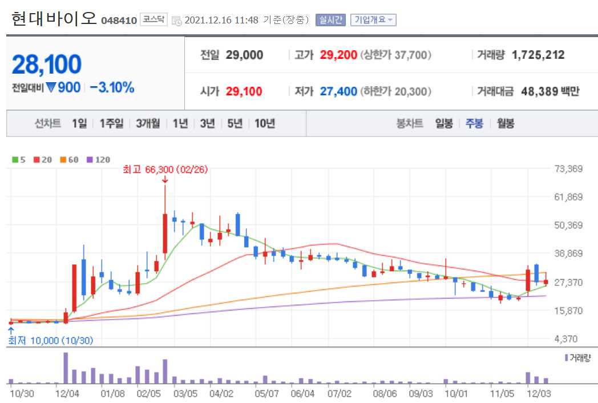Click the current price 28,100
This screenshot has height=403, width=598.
point(47,65)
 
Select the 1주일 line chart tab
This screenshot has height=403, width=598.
point(111,123)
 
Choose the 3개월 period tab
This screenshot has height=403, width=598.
point(148,123)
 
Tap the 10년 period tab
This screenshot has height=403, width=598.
point(265,123)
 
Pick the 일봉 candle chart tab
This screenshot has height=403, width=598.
point(443,123)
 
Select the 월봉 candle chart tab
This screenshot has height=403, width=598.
point(506,123)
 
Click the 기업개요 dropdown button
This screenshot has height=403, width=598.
point(373,20)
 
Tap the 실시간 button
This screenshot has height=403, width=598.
point(330,20)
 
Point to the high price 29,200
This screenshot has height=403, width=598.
point(338,55)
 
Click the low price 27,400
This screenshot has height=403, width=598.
point(338,91)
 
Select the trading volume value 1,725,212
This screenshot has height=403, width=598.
point(538,55)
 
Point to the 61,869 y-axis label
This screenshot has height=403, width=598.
point(568,197)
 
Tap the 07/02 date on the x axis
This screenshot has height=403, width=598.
point(339,393)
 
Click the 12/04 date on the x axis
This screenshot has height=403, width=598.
point(67,393)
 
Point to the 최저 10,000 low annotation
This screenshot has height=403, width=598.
point(50,341)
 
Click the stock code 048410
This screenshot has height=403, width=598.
point(119,21)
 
